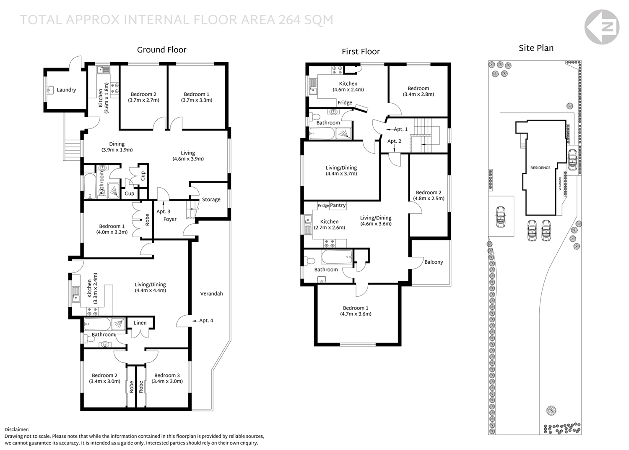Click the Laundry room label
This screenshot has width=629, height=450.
coord(66,90)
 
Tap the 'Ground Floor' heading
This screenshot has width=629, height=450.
coord(161,50)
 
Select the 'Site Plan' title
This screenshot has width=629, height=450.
coord(536,48)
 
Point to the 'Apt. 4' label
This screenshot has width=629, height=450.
coord(206,321)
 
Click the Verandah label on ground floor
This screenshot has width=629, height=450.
coord(211,294)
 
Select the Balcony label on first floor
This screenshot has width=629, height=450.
coord(434,262)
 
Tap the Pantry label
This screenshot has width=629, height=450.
coord(338,205)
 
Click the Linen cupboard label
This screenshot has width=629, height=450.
coord(140,323)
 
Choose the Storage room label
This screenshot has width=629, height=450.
coord(211,199)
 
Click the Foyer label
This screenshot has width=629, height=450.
coord(170,219)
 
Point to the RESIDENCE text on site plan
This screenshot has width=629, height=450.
coord(540,168)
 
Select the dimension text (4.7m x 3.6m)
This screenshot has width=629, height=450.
coord(356,314)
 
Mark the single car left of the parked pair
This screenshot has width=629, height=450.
coord(500,217)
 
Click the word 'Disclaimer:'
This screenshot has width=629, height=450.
coord(17,429)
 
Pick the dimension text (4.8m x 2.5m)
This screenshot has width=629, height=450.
coord(429,199)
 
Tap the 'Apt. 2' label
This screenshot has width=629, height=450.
coord(394,141)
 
